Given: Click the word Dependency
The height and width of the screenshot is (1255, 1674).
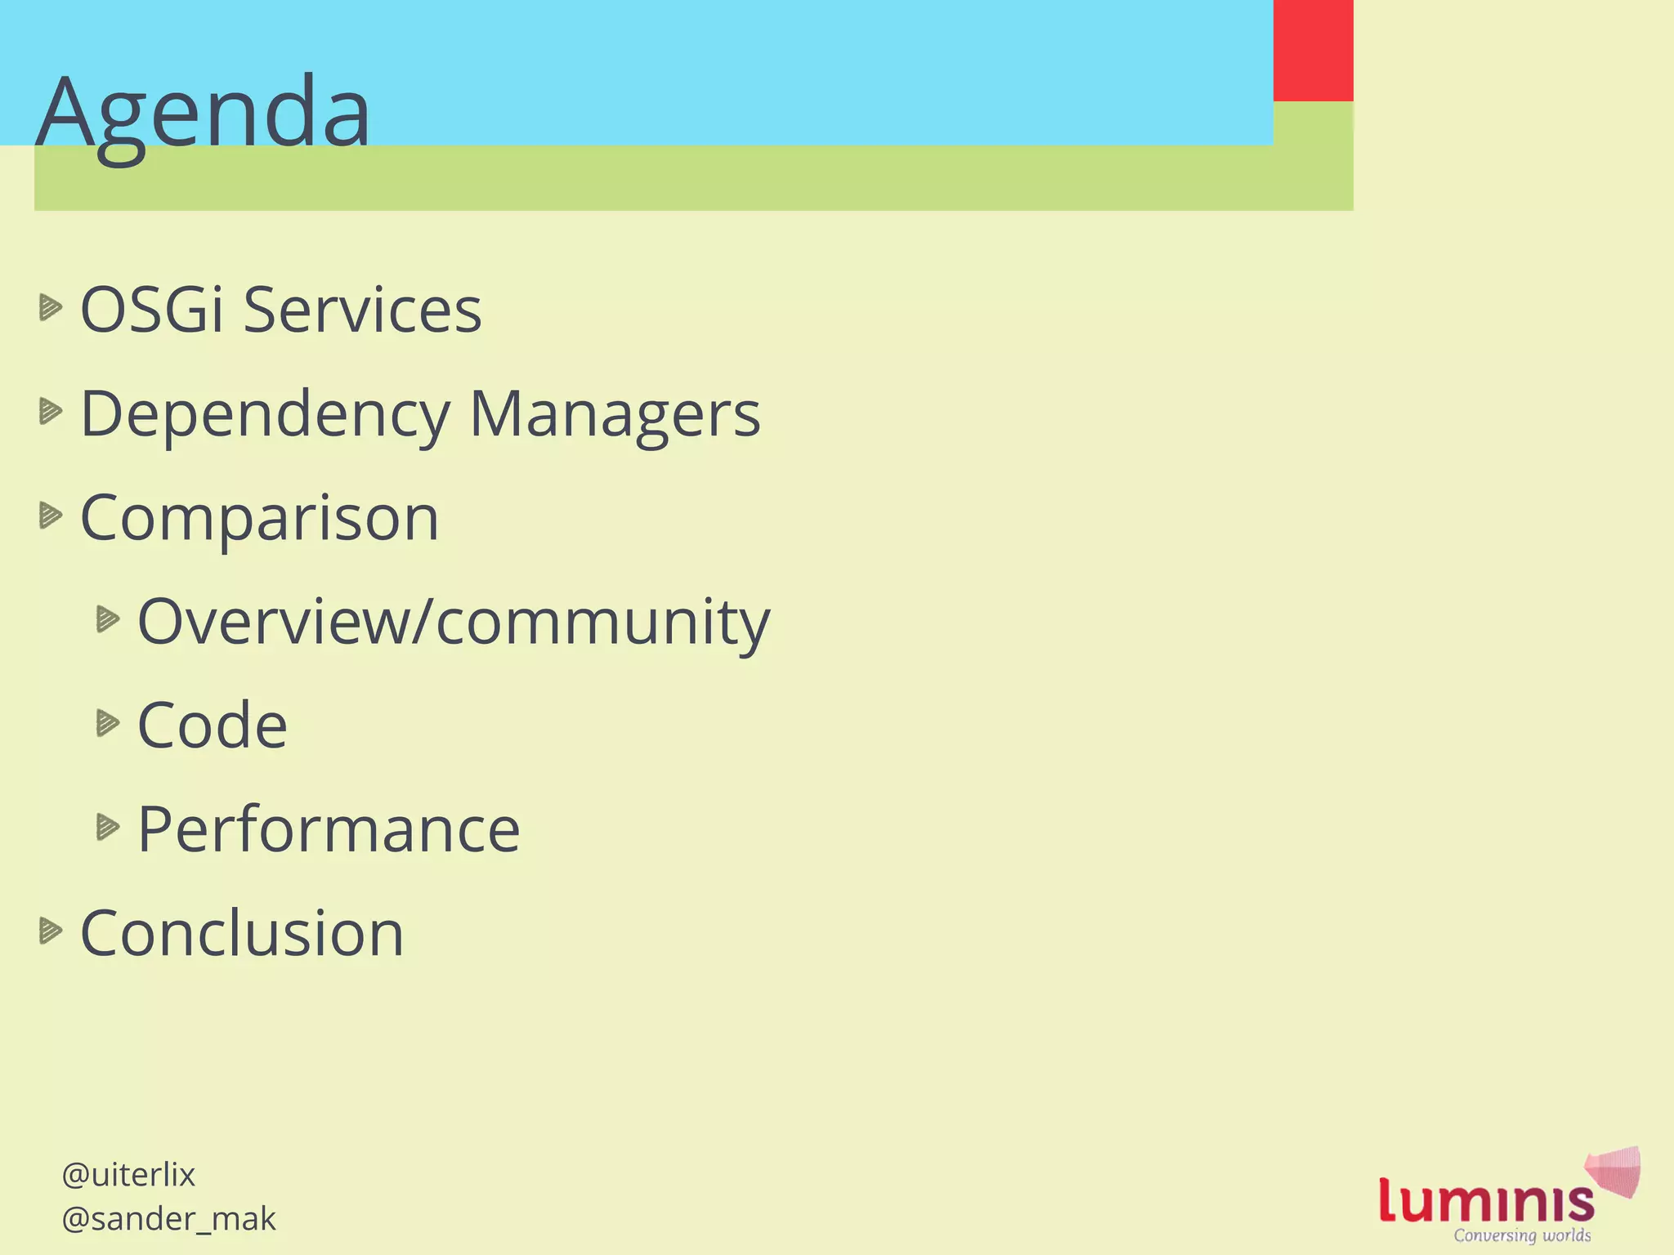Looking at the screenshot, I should pyautogui.click(x=265, y=415).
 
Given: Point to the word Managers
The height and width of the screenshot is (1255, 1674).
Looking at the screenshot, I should pyautogui.click(x=615, y=415).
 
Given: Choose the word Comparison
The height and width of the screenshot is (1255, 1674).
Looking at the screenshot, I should pyautogui.click(x=260, y=518).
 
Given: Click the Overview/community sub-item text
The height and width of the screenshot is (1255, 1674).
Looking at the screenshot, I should pyautogui.click(x=454, y=623).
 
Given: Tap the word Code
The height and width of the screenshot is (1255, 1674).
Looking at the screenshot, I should pyautogui.click(x=213, y=726).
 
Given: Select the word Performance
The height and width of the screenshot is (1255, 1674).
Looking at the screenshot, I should pyautogui.click(x=329, y=829).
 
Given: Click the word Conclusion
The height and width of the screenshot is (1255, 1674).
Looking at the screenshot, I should pyautogui.click(x=242, y=933).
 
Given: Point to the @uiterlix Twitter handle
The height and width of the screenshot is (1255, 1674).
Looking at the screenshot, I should pyautogui.click(x=128, y=1175).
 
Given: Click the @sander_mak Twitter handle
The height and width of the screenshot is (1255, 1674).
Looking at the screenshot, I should pyautogui.click(x=168, y=1219).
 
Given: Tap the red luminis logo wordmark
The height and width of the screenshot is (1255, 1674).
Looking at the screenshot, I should pyautogui.click(x=1486, y=1200).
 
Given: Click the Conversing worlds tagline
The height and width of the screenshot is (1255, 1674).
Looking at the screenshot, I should pyautogui.click(x=1522, y=1235).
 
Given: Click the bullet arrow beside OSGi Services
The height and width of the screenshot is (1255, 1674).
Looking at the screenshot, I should pyautogui.click(x=51, y=307).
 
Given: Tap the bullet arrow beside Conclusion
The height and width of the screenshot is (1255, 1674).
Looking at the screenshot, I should pyautogui.click(x=51, y=930).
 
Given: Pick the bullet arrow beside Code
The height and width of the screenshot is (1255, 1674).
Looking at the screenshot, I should pyautogui.click(x=108, y=723).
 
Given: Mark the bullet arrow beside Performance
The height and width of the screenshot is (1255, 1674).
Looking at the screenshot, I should pyautogui.click(x=108, y=827).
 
